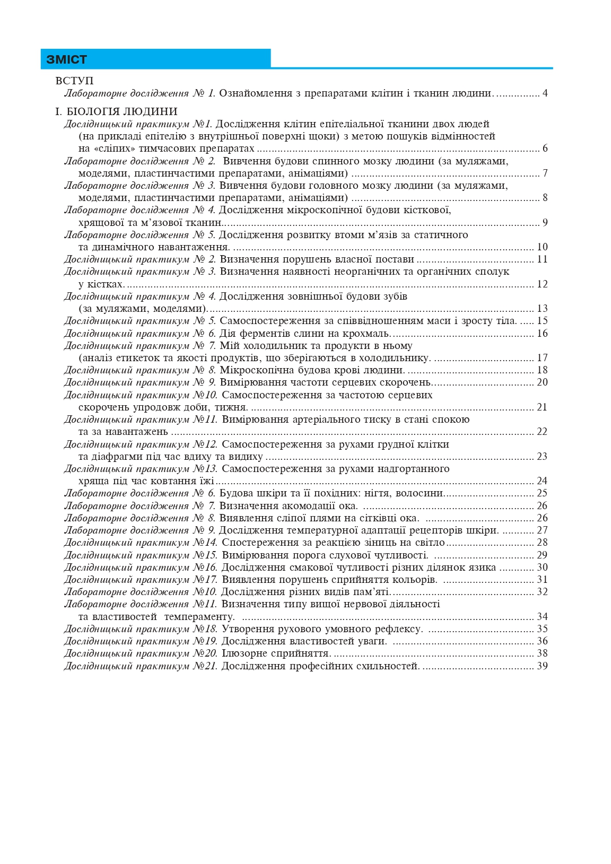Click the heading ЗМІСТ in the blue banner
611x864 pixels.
[66, 59]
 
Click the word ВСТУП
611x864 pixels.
[74, 81]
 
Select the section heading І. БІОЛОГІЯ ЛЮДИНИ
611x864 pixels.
[116, 111]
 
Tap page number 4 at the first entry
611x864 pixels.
[545, 93]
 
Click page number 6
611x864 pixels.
[545, 149]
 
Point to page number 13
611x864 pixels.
[542, 309]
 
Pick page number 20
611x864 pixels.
[542, 382]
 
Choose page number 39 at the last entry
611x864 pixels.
[542, 666]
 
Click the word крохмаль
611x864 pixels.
[366, 333]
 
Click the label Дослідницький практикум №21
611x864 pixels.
[141, 666]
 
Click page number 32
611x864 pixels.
[542, 592]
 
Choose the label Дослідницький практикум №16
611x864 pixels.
[141, 568]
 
